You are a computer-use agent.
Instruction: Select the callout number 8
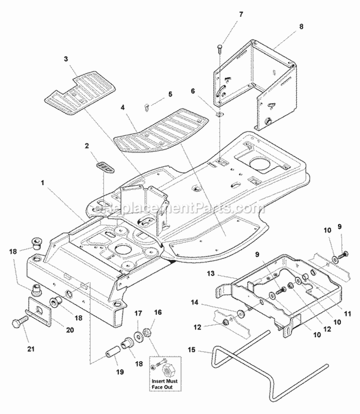[301, 27]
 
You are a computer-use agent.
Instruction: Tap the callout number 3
[65, 59]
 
